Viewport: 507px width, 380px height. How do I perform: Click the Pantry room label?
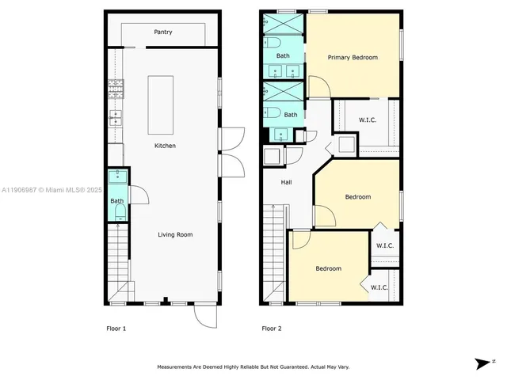(164, 32)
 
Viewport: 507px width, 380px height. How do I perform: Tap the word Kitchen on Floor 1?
(165, 146)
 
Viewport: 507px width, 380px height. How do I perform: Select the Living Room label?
(174, 234)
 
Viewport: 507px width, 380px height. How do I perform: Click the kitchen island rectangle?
(161, 105)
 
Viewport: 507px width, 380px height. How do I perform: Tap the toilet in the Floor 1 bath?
(118, 212)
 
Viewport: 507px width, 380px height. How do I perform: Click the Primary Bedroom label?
(353, 57)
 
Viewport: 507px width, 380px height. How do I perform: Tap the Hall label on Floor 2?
(287, 183)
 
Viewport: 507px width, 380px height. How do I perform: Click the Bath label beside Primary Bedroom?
(283, 56)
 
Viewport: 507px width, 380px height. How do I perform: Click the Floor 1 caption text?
(116, 328)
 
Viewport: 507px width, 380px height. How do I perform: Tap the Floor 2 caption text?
(272, 328)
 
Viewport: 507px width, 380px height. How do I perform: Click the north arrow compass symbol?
(482, 363)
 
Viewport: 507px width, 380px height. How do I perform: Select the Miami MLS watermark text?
(51, 190)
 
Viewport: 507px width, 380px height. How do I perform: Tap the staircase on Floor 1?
(117, 261)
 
